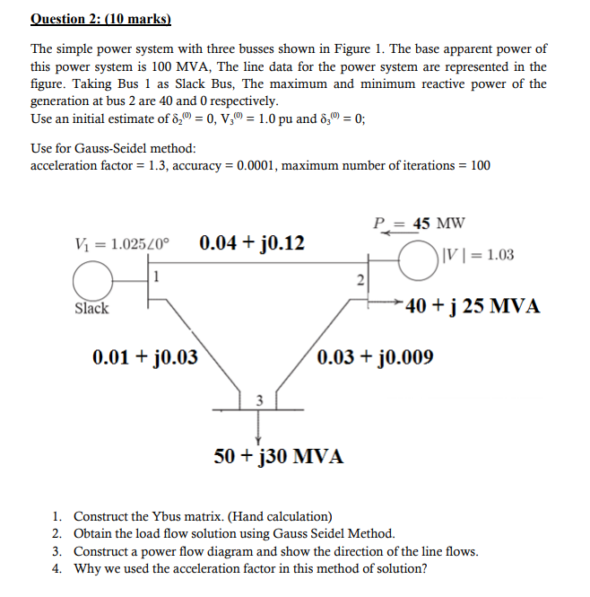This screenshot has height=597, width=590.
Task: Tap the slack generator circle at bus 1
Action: point(91,284)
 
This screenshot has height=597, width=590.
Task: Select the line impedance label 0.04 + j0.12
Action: point(252,242)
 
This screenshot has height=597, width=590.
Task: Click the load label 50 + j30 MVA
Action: point(279,455)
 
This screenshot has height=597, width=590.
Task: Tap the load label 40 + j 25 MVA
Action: point(473,306)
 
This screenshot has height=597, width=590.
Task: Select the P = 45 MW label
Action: point(419,224)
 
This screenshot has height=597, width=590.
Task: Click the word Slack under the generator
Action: point(91,309)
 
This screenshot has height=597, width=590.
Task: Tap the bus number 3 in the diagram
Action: point(259,400)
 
